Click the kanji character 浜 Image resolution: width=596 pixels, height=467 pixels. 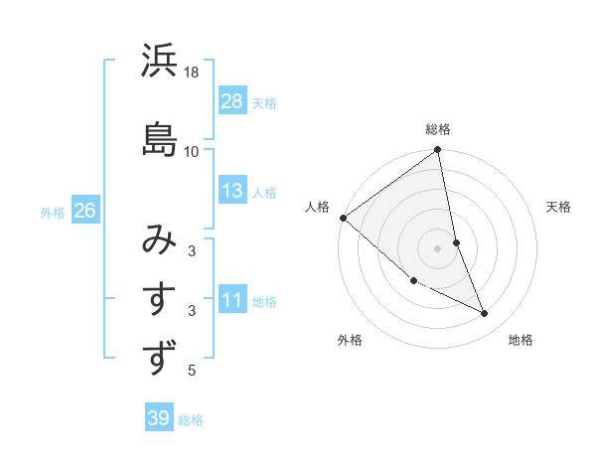click(x=159, y=62)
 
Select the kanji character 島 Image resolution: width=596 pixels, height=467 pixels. click(x=159, y=137)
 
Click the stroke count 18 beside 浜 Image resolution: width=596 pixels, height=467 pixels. click(x=192, y=73)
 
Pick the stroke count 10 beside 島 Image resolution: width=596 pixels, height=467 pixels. click(x=192, y=151)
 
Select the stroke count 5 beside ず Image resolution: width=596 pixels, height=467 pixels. click(x=192, y=371)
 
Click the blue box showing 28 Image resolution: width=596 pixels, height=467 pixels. click(x=232, y=101)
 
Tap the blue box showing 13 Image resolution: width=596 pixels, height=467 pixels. click(x=232, y=192)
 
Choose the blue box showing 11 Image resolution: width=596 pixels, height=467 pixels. click(x=232, y=301)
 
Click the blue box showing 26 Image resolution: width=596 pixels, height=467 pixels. click(x=84, y=212)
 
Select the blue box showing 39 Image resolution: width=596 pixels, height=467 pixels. click(x=158, y=418)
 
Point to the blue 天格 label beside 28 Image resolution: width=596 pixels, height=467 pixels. click(x=264, y=102)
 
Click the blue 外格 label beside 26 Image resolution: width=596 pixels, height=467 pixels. click(x=53, y=213)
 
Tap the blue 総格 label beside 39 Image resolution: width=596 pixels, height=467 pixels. click(x=191, y=420)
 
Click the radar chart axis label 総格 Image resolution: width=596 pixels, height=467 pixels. click(x=438, y=129)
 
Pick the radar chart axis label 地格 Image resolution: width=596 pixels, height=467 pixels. click(x=521, y=340)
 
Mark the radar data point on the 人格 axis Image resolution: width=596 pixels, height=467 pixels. click(x=343, y=218)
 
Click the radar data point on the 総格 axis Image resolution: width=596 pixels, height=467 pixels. click(x=438, y=151)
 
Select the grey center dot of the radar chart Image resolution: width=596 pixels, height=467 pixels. click(x=437, y=247)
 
